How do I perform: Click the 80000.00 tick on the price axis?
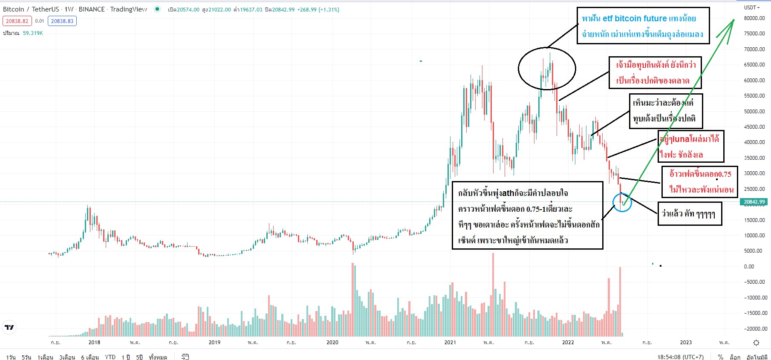tap(754, 18)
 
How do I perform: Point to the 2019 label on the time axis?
tap(214, 343)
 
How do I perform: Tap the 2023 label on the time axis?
tap(686, 343)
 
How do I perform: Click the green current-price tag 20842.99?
tap(754, 202)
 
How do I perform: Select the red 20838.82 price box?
tap(17, 21)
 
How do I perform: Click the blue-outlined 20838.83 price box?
tap(62, 21)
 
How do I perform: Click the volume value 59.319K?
tap(33, 33)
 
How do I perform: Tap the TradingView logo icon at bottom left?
tap(9, 327)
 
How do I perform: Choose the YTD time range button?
tap(110, 357)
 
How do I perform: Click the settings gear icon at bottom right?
tap(756, 343)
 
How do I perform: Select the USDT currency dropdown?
tap(752, 7)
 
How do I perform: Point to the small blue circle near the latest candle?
tap(622, 202)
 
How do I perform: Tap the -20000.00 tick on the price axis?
tap(754, 328)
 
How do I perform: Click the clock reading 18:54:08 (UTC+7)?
tap(680, 357)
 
